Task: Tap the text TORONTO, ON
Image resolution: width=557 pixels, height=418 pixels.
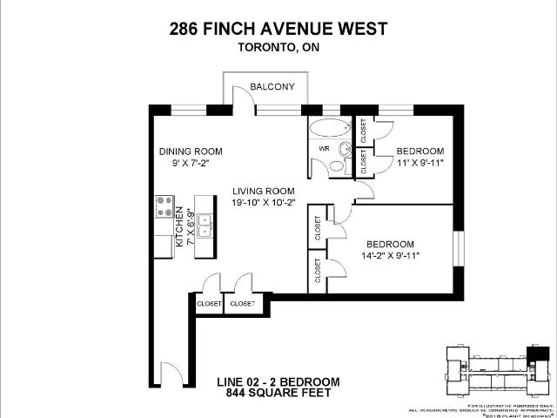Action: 278,49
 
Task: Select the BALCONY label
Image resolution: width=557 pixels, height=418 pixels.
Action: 272,87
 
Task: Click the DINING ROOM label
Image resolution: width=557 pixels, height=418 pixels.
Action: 185,151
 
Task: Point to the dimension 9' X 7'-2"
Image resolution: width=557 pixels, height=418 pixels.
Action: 185,163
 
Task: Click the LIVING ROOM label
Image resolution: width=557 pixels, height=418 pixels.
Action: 263,191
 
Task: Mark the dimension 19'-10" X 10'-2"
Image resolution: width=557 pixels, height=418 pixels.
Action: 263,203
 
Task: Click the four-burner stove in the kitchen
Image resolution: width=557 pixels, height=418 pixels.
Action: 164,207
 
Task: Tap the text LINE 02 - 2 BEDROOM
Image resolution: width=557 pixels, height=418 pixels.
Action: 278,382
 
